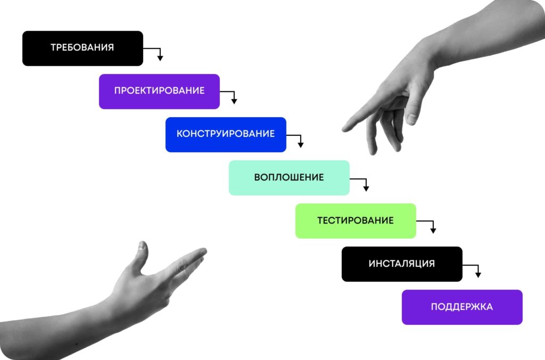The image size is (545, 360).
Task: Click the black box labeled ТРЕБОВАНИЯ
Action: coord(82,48)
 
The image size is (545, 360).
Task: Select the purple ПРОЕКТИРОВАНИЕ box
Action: coord(159,92)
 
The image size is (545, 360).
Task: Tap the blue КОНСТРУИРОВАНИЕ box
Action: coord(226,135)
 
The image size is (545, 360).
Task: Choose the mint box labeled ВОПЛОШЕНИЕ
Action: coord(289,178)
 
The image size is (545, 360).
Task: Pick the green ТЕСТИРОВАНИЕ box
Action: coord(356,221)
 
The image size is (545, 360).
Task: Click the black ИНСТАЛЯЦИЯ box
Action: coord(402,264)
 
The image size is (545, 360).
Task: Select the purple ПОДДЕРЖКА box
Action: coord(463,307)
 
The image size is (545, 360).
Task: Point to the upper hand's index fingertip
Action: coord(345,129)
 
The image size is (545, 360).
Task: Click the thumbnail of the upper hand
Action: coord(411,119)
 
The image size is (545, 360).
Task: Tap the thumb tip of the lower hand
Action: coord(143,244)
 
